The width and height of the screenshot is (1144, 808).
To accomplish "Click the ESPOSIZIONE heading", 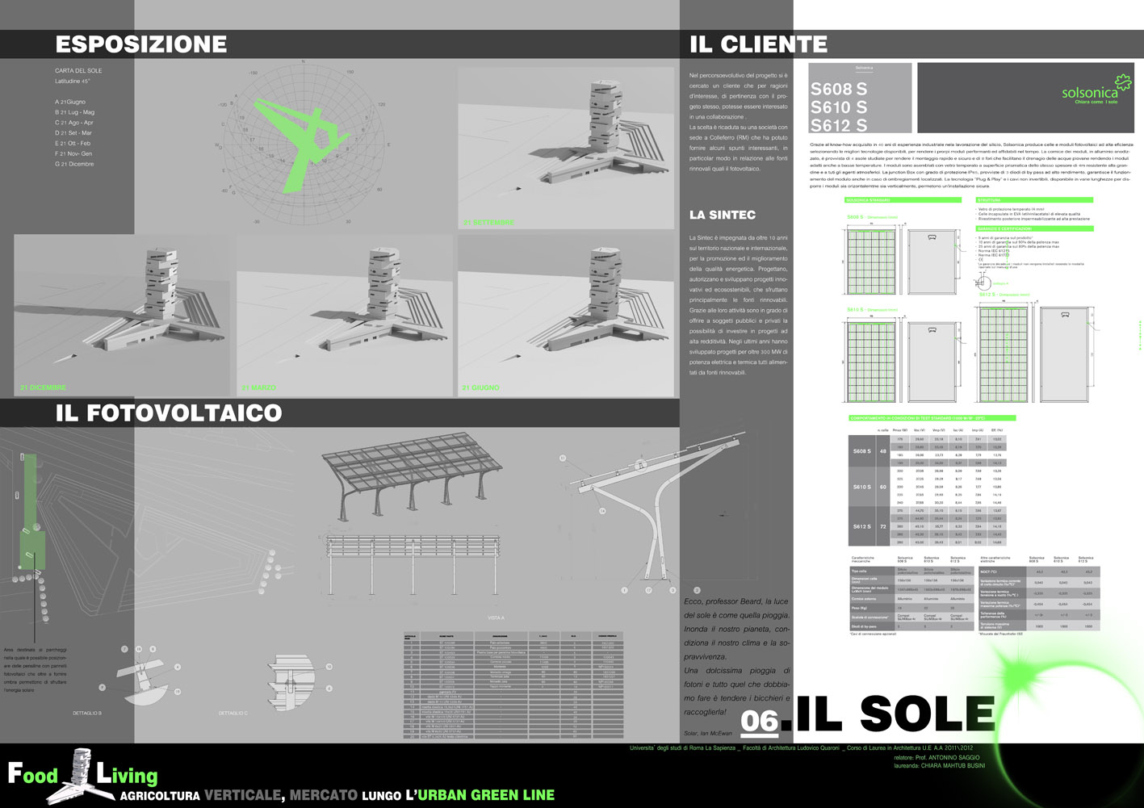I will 141,44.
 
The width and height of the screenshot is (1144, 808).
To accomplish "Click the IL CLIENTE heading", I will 758,44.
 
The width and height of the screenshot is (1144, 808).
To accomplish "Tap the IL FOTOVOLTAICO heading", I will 169,413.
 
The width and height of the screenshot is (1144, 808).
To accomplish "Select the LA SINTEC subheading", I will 722,215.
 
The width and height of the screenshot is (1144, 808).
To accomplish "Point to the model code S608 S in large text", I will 839,90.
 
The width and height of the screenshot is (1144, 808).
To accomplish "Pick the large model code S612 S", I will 839,125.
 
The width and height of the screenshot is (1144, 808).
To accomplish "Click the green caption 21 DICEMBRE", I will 43,388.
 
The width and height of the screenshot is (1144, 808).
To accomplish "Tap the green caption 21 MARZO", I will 258,388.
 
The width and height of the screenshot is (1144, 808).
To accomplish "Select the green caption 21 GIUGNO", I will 480,388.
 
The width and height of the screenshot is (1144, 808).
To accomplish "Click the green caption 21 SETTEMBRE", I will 488,222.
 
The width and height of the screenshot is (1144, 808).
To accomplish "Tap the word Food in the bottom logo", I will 33,776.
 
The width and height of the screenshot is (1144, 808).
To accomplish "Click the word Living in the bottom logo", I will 127,776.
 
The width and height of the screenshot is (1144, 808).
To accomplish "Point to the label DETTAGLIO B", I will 87,714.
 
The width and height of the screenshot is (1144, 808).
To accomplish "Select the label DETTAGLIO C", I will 233,714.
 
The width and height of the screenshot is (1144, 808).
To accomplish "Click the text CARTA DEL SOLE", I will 78,71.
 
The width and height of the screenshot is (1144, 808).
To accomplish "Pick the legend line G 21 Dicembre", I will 74,164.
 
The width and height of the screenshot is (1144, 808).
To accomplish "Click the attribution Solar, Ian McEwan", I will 707,734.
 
